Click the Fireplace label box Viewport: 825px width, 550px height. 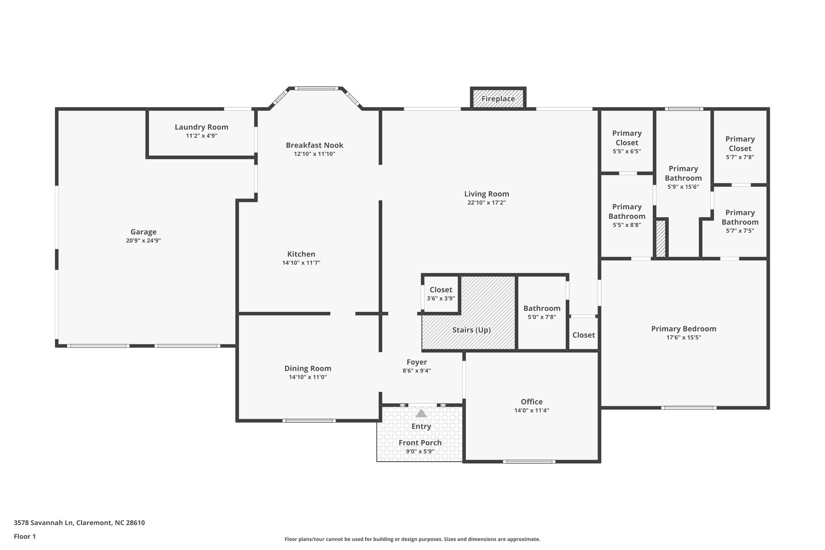(498, 99)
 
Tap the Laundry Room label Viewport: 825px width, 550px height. (201, 127)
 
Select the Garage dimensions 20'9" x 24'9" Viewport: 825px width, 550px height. (143, 241)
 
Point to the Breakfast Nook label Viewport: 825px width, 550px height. (314, 145)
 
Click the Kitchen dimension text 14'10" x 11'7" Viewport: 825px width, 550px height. (301, 263)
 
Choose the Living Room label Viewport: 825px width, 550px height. (486, 194)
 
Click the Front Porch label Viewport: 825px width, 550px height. (420, 442)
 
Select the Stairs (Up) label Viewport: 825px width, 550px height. (471, 330)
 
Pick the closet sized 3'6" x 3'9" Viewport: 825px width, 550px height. (441, 294)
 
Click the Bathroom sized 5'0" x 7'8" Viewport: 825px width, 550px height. (542, 312)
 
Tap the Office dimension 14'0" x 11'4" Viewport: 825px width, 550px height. (531, 411)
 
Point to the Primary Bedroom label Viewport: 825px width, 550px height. (684, 329)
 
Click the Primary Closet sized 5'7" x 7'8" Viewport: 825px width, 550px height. (740, 147)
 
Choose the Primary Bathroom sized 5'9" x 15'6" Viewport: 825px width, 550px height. (683, 177)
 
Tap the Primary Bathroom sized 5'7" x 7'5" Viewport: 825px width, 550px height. (740, 221)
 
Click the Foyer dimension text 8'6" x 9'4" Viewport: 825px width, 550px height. (417, 371)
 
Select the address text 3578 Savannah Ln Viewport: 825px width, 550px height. (44, 523)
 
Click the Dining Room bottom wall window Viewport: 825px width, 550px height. (309, 421)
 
